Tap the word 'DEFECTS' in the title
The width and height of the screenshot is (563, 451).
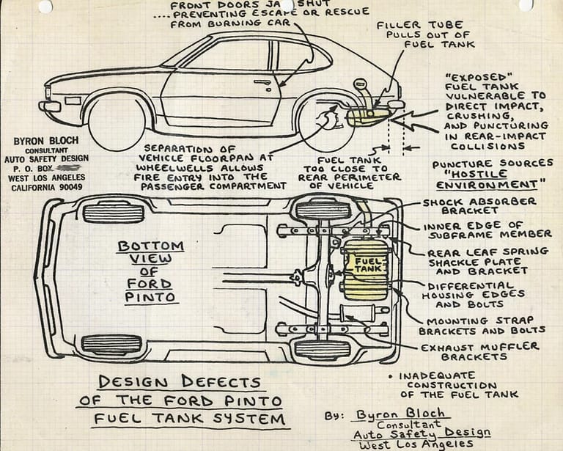221,382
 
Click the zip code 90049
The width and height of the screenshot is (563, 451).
70,187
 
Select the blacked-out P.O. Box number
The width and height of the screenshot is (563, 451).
72,167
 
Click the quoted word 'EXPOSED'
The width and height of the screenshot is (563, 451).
470,76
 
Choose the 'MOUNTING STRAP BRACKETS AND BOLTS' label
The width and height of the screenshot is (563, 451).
487,326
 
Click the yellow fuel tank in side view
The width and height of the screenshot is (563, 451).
367,117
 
